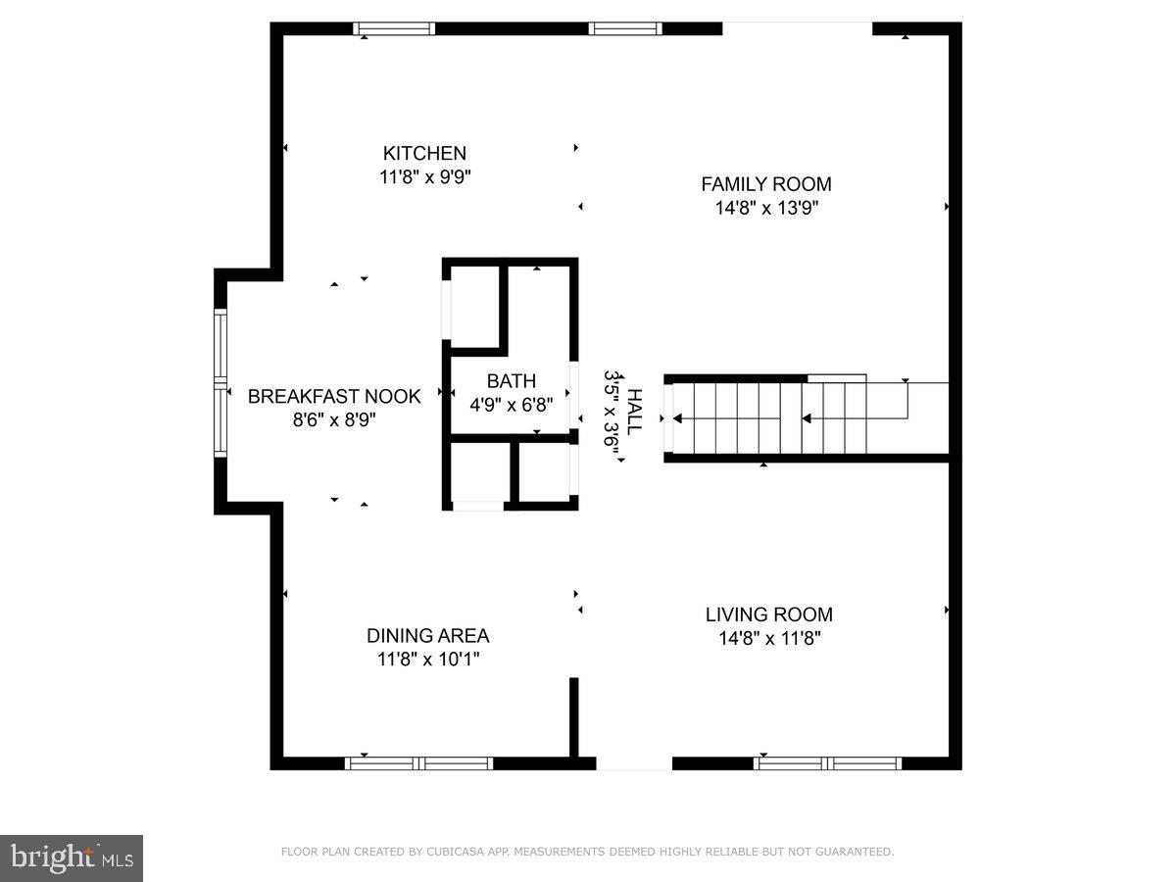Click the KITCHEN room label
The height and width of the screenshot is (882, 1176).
coord(424,153)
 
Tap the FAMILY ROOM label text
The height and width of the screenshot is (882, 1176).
coord(765,183)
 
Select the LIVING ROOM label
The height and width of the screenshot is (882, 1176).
coord(768,614)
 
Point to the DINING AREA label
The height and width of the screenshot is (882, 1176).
coord(427,635)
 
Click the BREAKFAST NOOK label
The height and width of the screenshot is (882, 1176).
coord(333,396)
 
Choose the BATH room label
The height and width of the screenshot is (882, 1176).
coord(512,381)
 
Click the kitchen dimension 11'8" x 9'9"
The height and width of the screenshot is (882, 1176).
coord(424,177)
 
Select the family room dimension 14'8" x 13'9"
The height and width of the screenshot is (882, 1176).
coord(765,208)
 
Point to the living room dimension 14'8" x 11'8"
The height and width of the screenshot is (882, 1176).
coord(768,639)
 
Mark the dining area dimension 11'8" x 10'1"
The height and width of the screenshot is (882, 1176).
coord(427,660)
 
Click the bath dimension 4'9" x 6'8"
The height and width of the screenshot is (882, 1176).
coord(512,405)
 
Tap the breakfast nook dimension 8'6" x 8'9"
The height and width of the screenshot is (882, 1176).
coord(333,419)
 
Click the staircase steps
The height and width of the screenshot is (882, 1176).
coord(764,418)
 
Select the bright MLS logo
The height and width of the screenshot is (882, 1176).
coord(72,858)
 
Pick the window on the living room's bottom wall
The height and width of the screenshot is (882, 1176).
coord(829,762)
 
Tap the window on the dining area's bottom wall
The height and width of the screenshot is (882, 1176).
coord(419,762)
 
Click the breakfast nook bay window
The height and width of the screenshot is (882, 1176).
coord(220,383)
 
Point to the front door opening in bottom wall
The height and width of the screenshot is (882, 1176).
coord(634,762)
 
